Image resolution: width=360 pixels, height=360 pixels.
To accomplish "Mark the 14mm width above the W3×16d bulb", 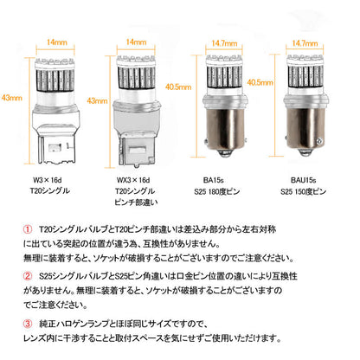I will coord(57,41).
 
